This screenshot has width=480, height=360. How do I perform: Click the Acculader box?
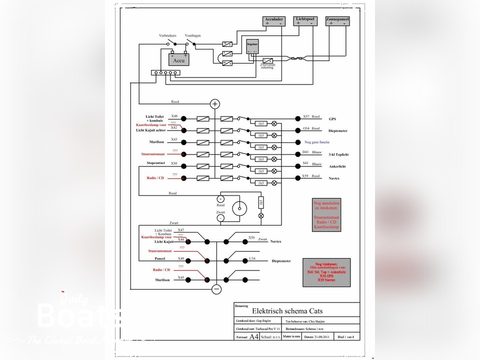273,21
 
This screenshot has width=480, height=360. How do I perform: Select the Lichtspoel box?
305,21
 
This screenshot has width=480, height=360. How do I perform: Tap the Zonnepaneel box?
337,21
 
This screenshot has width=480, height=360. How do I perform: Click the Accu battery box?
179,59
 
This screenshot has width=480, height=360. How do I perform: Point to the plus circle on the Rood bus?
215,104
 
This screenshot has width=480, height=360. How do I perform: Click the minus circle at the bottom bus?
216,289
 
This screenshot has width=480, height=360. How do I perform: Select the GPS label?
332,119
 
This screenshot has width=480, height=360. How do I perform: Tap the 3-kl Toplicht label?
338,155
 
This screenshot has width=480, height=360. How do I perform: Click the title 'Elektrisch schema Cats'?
283,310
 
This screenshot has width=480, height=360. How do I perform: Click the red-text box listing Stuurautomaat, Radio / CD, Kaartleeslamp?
326,214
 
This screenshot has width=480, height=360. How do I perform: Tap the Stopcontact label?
155,163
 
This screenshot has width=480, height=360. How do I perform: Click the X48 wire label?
174,116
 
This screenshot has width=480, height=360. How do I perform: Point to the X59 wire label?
305,175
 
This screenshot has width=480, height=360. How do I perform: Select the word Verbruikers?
167,36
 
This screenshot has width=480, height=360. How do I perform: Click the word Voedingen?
193,36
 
